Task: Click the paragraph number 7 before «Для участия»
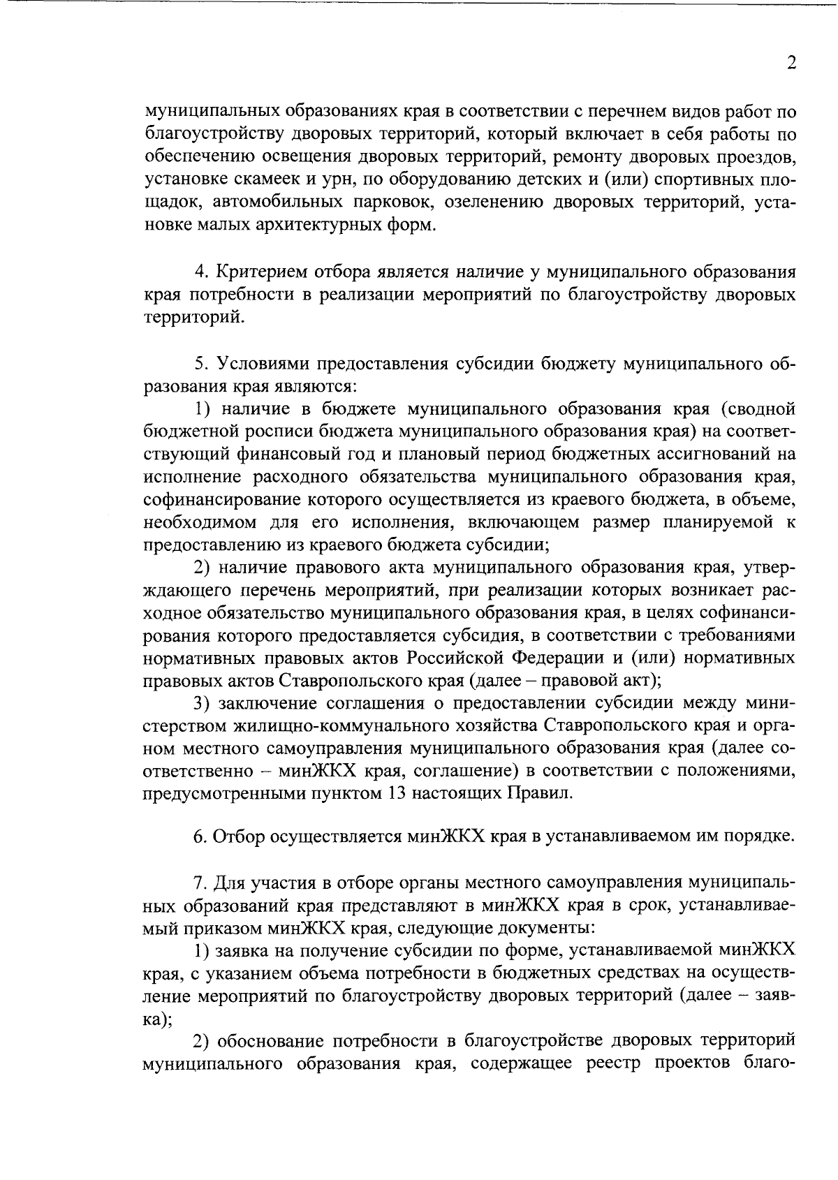(199, 883)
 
